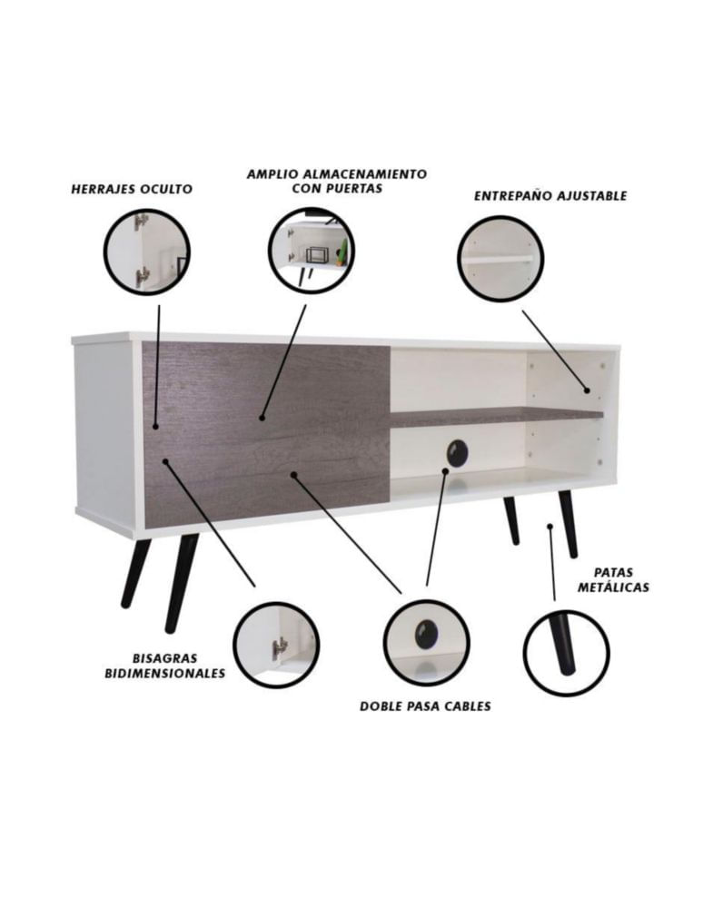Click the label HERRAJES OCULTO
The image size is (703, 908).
132,190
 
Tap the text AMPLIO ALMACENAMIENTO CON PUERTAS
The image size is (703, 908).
336,181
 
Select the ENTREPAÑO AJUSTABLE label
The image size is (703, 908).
550,196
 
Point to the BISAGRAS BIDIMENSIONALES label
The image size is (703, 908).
165,666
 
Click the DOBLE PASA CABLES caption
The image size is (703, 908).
425,706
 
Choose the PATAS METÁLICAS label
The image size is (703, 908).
613,579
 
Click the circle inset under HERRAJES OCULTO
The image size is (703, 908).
147,252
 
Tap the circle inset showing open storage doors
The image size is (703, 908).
312,250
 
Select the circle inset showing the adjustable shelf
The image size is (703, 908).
500,258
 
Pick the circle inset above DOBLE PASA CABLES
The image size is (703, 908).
427,643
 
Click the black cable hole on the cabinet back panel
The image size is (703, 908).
459,451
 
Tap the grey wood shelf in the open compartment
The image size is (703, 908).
497,416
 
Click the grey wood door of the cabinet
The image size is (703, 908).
266,433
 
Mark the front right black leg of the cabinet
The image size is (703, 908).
568,524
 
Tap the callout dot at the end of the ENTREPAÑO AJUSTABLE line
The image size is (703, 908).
587,390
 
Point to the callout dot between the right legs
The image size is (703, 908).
550,526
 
